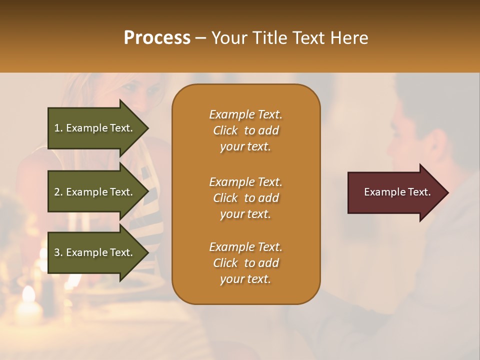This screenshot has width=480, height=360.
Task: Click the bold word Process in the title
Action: coord(157,38)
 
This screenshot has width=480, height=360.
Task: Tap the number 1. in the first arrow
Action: coord(58,128)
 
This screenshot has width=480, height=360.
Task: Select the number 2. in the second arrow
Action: coord(58,192)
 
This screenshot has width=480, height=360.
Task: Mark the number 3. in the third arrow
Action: coord(58,252)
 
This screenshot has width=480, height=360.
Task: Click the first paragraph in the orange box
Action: coord(245,130)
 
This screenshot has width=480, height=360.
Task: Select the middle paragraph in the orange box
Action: coord(245,197)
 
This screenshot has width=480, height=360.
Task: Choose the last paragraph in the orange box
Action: coord(245,263)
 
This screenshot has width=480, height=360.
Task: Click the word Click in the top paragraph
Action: coord(225,130)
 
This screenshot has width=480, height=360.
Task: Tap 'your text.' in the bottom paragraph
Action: coord(245,279)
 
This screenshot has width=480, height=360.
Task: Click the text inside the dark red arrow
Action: coord(397,192)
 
